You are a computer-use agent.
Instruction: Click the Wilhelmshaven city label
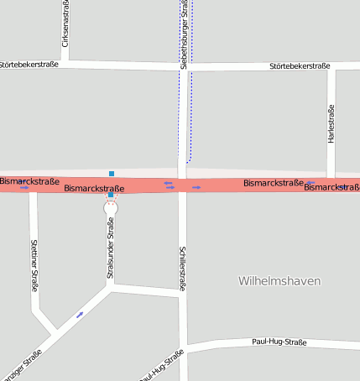[279, 281]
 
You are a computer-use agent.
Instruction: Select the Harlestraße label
[331, 123]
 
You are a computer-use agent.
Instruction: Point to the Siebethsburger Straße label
[184, 38]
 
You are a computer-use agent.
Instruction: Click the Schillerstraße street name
[183, 268]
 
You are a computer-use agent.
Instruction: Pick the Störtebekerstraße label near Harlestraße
[300, 66]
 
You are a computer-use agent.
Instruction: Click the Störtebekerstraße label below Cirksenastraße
[29, 64]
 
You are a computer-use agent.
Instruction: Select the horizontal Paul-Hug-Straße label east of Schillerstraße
[279, 342]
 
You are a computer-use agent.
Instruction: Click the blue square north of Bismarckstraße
[111, 174]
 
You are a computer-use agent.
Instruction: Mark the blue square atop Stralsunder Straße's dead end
[111, 195]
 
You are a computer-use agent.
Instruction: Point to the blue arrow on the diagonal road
[80, 315]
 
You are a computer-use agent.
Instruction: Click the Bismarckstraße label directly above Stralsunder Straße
[94, 189]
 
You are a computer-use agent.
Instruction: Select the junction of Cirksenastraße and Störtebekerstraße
[65, 62]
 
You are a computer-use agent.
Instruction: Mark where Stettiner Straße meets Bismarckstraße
[34, 187]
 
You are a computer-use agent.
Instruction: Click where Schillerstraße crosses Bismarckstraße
[182, 185]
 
